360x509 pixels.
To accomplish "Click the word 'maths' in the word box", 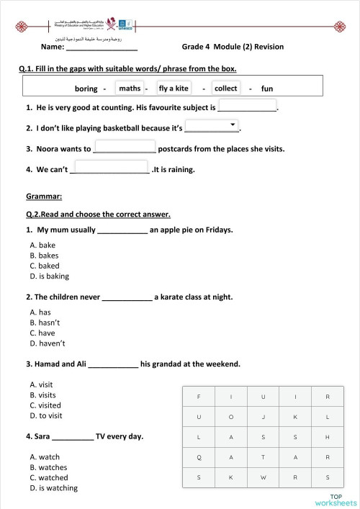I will (130, 88).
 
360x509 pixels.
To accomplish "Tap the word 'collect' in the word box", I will (226, 88).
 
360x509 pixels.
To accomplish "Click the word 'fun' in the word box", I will (267, 89).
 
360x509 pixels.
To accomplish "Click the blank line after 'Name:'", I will (102, 48).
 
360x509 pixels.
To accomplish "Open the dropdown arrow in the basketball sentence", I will (233, 125).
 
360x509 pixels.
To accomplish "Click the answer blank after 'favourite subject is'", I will (247, 107).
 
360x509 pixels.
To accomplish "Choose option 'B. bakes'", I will (44, 256).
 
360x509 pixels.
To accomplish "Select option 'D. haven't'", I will (45, 343).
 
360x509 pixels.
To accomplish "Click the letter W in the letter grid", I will (263, 477).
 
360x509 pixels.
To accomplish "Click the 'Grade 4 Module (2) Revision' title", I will (233, 47).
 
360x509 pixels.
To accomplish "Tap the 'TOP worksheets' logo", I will (335, 499).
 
